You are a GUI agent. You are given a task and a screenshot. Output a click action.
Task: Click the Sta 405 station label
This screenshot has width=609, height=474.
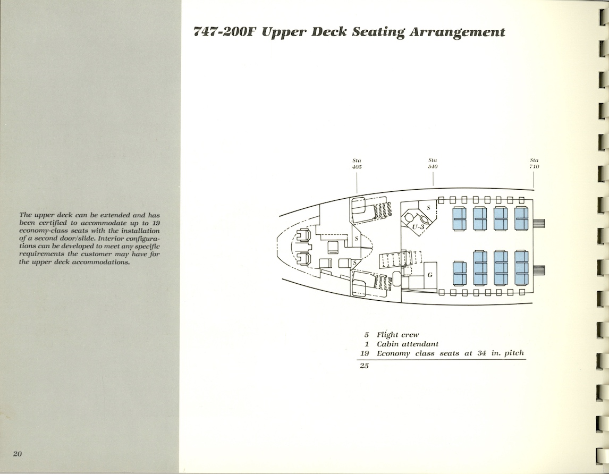click(357, 164)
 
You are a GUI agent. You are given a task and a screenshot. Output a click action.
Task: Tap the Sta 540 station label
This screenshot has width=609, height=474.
click(433, 164)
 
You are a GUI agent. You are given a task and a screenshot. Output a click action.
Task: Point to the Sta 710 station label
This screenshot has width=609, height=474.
click(534, 164)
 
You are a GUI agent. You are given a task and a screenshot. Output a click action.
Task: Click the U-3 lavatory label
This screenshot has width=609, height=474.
click(418, 227)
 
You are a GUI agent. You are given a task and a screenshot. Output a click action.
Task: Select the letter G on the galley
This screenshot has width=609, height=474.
click(429, 275)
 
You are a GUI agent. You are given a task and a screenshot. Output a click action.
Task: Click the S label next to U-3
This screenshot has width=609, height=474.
click(429, 208)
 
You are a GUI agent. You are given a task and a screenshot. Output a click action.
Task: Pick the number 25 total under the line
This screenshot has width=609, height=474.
click(364, 366)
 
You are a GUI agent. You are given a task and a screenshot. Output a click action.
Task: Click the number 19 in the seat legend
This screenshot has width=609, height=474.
click(365, 353)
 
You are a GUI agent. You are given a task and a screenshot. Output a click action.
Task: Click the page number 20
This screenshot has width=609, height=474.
click(18, 453)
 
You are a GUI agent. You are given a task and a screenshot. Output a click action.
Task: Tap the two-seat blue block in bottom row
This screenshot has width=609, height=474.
click(459, 273)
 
